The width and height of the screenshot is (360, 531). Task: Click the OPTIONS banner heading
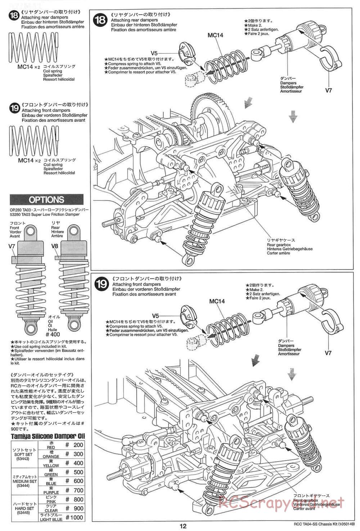pyautogui.click(x=46, y=200)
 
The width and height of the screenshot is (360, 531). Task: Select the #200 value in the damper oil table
pyautogui.click(x=74, y=445)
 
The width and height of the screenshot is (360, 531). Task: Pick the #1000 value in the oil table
pyautogui.click(x=74, y=517)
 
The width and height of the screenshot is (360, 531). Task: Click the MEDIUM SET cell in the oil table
pyautogui.click(x=24, y=481)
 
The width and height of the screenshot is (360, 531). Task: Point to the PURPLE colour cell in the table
pyautogui.click(x=51, y=492)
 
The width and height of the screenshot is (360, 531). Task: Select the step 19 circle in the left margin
pyautogui.click(x=15, y=109)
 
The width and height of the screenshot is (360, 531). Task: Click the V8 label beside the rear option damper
pyautogui.click(x=54, y=246)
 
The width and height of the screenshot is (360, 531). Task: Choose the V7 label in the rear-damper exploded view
pyautogui.click(x=328, y=90)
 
